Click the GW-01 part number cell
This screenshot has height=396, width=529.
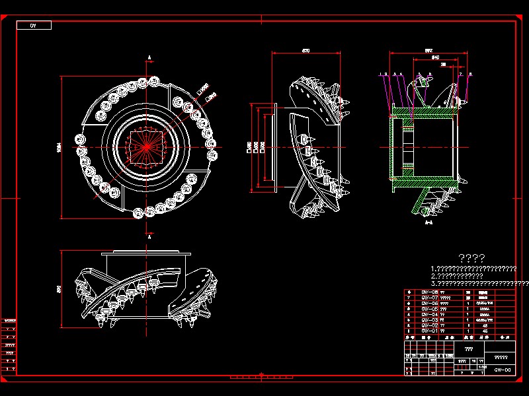pos(429,331)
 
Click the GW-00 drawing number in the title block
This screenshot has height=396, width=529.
pos(502,370)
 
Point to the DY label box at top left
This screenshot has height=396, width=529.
pos(32,26)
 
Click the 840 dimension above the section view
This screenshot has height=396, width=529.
pos(435,58)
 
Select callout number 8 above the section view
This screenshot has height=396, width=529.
pos(470,74)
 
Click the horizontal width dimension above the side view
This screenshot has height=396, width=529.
pos(306,50)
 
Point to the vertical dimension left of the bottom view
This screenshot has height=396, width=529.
pos(59,288)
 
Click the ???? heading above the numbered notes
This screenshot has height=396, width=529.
pos(471,258)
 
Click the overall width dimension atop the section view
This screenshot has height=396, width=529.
pos(428,49)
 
